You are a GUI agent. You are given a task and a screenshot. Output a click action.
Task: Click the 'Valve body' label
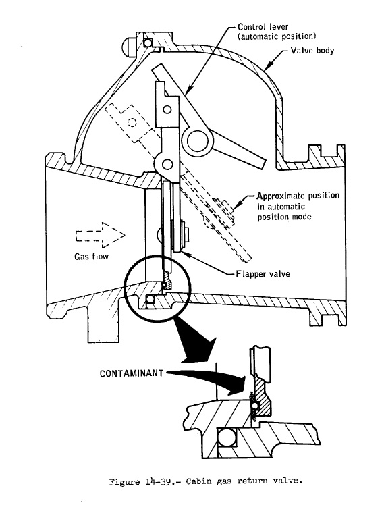(x=312, y=51)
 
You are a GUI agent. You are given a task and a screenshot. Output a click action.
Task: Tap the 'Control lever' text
(x=263, y=27)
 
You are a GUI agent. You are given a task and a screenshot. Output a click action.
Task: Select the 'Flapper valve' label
(x=263, y=274)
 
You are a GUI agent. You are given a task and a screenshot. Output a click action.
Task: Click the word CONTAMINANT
(x=132, y=373)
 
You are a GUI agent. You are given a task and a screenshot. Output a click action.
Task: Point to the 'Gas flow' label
(x=91, y=257)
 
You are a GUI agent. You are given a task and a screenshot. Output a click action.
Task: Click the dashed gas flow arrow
(x=100, y=235)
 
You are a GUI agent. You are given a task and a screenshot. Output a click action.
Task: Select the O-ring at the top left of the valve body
(x=148, y=43)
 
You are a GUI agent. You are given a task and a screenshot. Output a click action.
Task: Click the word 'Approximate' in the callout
(x=281, y=196)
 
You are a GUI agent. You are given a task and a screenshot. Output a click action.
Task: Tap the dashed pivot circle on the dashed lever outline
(x=132, y=122)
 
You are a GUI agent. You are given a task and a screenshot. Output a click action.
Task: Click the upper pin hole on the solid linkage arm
(x=167, y=109)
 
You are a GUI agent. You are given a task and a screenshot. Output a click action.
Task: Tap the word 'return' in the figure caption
(x=252, y=482)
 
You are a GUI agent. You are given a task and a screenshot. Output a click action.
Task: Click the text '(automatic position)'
(x=277, y=36)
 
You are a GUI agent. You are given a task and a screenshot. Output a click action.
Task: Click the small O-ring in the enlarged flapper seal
(x=254, y=405)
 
